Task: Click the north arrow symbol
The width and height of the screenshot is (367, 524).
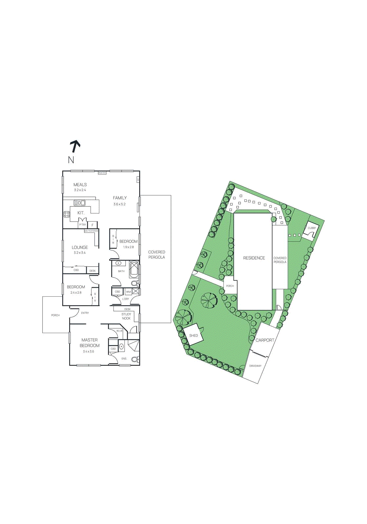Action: (75, 146)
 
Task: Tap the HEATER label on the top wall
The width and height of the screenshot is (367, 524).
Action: (102, 173)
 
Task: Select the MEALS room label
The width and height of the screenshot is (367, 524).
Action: (80, 185)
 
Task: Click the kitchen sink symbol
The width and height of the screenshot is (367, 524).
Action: (80, 203)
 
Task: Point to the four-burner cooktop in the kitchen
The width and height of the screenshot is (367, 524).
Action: (67, 215)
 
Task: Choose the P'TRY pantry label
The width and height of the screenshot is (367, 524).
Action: (83, 225)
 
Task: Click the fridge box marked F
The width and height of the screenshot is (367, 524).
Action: (93, 225)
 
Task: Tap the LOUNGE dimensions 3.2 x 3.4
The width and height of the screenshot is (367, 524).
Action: (80, 253)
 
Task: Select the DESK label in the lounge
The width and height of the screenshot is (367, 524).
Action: (92, 271)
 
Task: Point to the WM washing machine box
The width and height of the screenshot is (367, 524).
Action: (128, 291)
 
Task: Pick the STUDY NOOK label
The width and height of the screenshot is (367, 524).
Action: (126, 316)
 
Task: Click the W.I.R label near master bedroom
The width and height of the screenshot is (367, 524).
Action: (119, 331)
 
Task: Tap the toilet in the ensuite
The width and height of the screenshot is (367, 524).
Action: (135, 360)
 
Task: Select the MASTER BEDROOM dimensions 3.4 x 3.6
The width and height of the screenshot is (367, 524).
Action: (88, 352)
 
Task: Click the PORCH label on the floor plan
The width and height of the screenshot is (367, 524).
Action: (55, 315)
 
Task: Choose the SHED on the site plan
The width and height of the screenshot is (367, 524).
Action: (194, 335)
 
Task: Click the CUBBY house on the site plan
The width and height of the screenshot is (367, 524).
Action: (312, 228)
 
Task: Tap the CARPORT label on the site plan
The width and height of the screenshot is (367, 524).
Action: (265, 340)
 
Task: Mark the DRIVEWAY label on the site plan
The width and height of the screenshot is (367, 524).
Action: (255, 366)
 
